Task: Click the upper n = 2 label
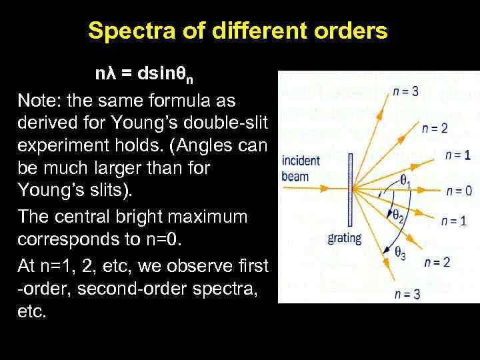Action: tap(434, 128)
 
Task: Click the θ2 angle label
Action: tap(399, 215)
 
